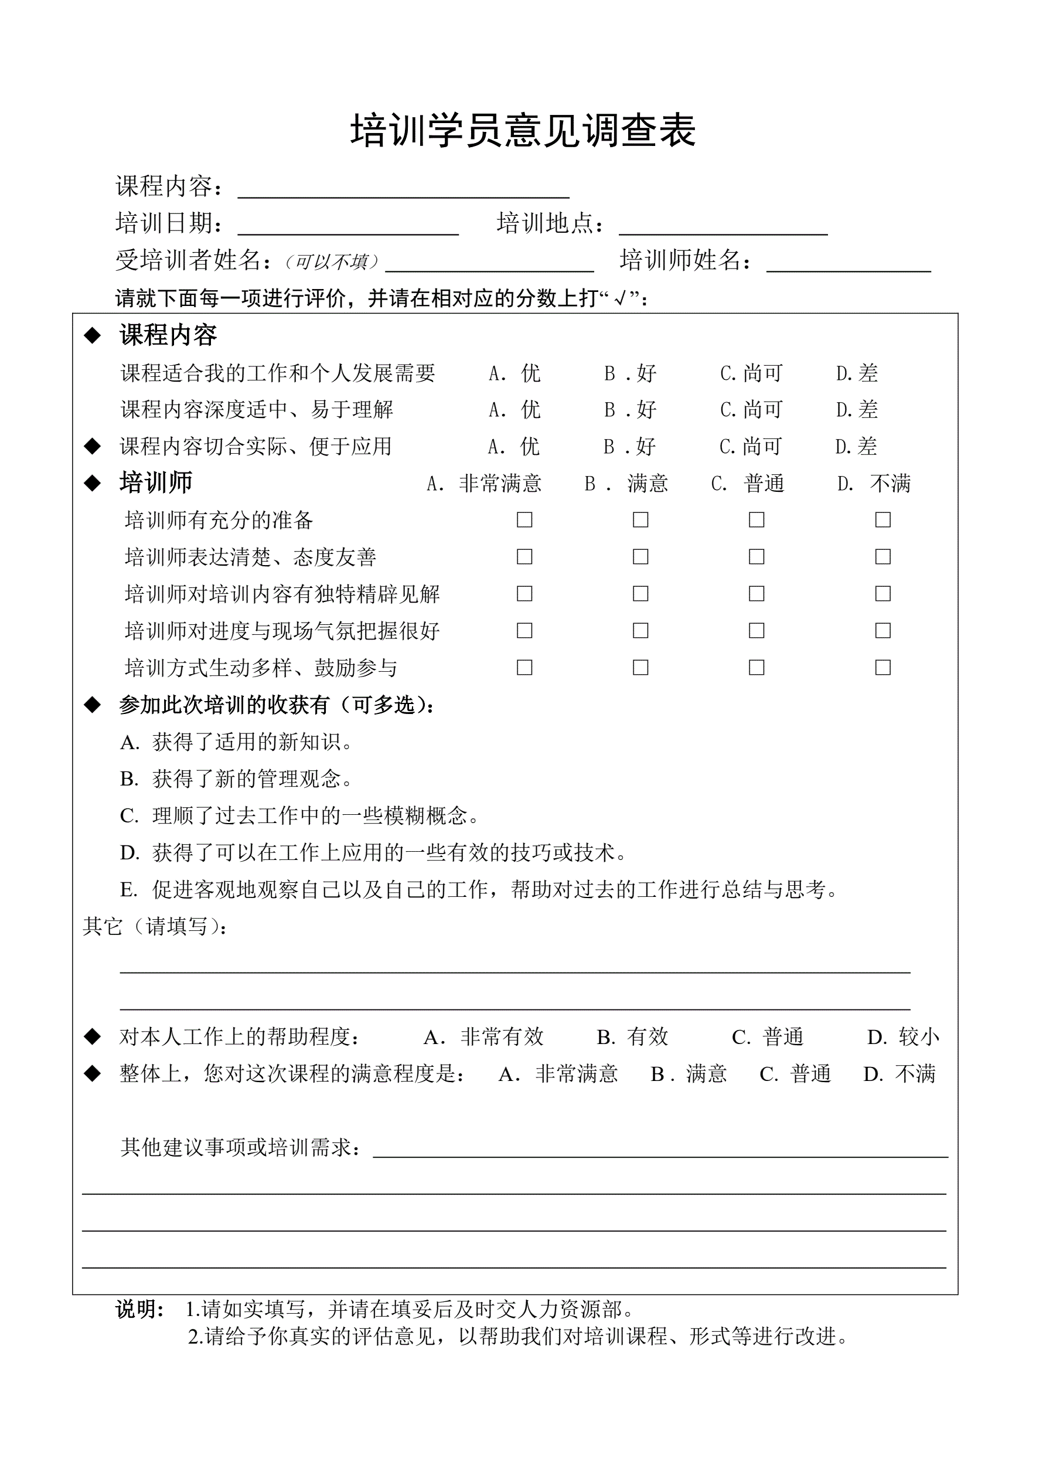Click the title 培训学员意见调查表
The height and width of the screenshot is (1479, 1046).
[x=522, y=131]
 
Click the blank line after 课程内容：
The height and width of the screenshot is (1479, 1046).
[x=403, y=191]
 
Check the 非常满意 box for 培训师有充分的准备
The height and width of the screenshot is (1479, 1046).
[x=524, y=520]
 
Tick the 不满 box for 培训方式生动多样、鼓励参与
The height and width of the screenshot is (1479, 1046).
[x=883, y=667]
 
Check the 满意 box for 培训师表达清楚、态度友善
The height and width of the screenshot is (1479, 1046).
[x=640, y=556]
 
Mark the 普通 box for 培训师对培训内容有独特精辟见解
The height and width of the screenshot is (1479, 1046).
[x=756, y=593]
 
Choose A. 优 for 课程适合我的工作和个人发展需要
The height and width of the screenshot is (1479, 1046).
[x=515, y=373]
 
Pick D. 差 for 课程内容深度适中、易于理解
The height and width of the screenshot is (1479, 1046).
[x=857, y=410]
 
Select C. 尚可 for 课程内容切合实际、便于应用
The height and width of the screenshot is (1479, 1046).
[x=750, y=447]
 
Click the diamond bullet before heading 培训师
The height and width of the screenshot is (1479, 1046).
[x=93, y=483]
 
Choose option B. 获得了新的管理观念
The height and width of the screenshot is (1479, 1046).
[x=236, y=779]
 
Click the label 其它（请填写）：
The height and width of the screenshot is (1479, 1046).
[x=155, y=926]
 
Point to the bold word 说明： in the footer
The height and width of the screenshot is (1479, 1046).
[x=139, y=1309]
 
